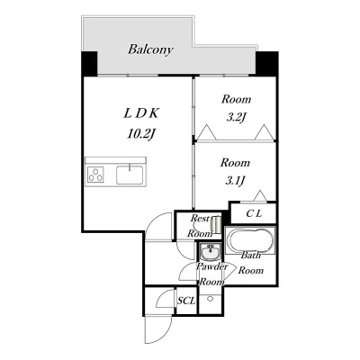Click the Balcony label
[150, 49]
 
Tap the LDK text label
[141, 113]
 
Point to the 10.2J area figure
[141, 134]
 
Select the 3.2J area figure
[236, 117]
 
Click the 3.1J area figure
[235, 181]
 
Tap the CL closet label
[254, 213]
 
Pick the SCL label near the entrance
[186, 301]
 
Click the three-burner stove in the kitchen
[95, 175]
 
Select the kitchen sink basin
[130, 175]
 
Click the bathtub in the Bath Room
[250, 240]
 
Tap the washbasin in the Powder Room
[210, 252]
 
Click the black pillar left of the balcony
[90, 64]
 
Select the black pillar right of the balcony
[266, 64]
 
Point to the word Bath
[251, 256]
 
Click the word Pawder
[211, 266]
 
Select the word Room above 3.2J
[236, 99]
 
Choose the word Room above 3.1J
[235, 163]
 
